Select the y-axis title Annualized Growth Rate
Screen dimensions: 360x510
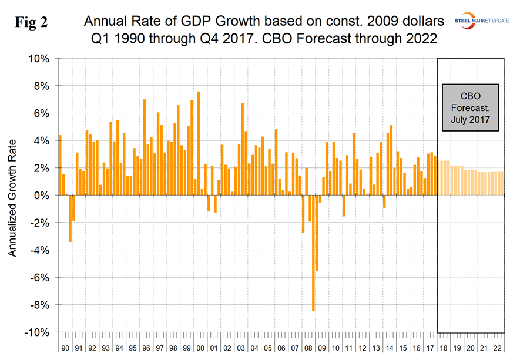[x=12, y=195]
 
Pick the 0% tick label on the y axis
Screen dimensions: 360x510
[x=43, y=195]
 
